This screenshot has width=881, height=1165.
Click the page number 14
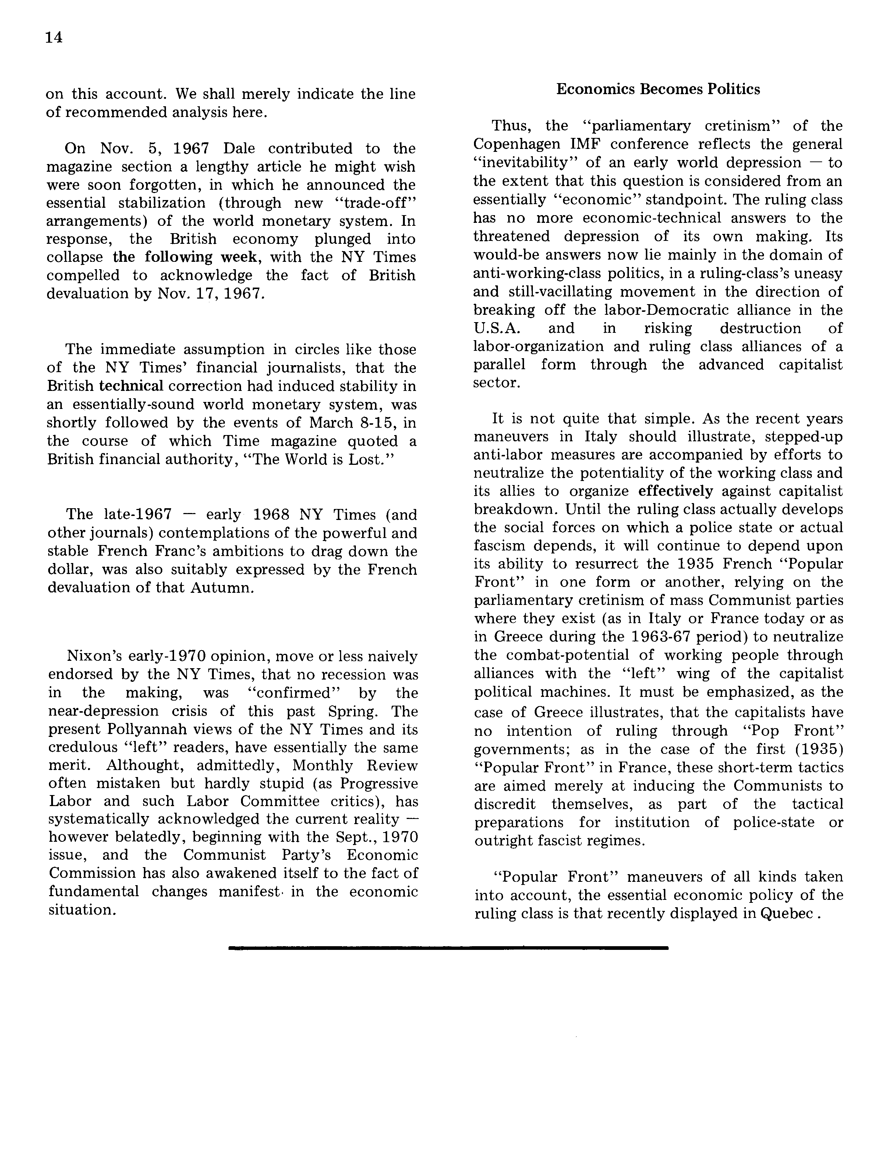[x=54, y=38]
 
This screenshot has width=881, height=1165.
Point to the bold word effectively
[x=676, y=491]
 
